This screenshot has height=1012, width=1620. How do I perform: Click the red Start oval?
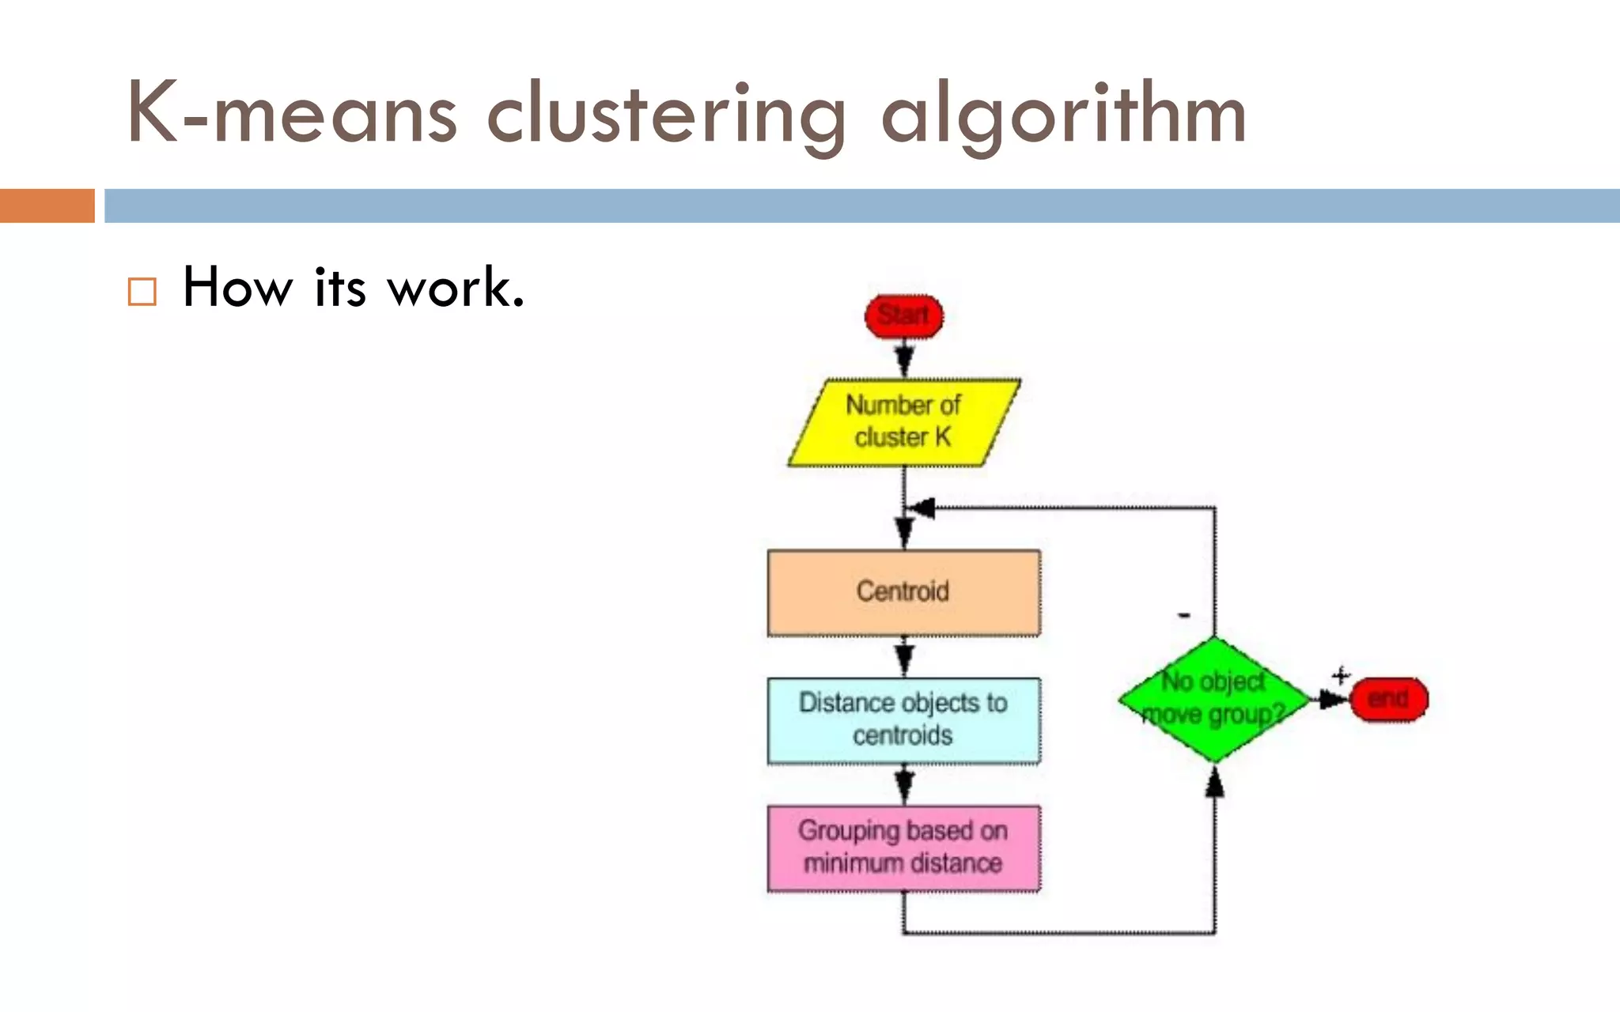[x=903, y=316]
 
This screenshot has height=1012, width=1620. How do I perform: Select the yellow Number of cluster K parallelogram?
[x=903, y=422]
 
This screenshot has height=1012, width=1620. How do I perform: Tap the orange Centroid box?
[x=903, y=592]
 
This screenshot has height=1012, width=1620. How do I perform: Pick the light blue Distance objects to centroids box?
[x=903, y=720]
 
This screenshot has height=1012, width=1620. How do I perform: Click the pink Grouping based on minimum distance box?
[x=903, y=848]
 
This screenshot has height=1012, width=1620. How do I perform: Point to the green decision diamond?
[x=1214, y=699]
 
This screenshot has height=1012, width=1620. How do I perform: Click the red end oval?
[x=1388, y=699]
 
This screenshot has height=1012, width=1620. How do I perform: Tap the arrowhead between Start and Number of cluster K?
[x=904, y=362]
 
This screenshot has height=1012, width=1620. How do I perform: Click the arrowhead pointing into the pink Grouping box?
[x=904, y=786]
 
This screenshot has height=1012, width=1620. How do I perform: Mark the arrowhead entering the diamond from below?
[x=1215, y=783]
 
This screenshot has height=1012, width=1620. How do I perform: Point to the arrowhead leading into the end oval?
[x=1333, y=699]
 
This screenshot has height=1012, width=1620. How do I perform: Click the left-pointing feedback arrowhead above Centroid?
[x=922, y=508]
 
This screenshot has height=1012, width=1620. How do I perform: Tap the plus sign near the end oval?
[x=1340, y=676]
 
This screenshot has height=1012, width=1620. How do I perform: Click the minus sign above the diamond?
[x=1184, y=615]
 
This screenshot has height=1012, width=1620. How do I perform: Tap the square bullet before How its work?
[x=142, y=291]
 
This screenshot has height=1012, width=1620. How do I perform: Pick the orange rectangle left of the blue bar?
[x=47, y=206]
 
